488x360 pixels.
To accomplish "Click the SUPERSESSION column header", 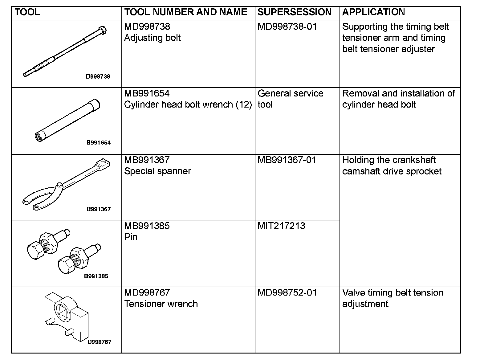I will coord(294,12).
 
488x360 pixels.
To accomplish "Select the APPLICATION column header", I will coord(373,12).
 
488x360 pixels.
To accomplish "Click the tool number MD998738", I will coord(147,27).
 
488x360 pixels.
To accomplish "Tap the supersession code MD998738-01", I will coord(287,27).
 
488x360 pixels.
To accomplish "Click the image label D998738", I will coord(98,76).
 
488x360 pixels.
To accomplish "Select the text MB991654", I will coord(147,93).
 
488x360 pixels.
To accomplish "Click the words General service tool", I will coord(290,99).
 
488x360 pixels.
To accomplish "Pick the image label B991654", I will coord(98,143).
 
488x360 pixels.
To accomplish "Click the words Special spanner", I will coord(157,171).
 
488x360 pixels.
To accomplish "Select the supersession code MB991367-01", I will coord(287,160).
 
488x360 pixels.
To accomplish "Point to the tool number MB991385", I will coord(147,226).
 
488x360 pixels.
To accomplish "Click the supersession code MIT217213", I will coord(281,226).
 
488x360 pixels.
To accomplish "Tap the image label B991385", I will coord(96,276).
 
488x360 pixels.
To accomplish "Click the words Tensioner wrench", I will coord(161,304).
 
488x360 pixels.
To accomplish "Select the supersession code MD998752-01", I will coord(287,292).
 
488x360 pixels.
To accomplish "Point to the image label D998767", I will coord(99,342).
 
